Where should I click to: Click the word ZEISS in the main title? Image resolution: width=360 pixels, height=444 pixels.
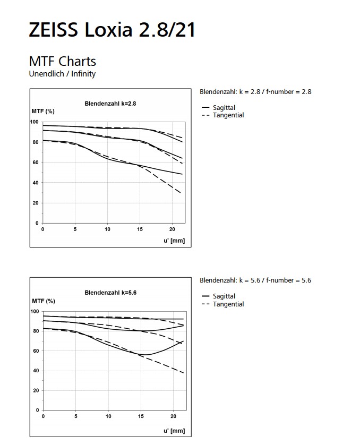click(53, 29)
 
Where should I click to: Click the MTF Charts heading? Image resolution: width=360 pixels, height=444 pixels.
click(63, 61)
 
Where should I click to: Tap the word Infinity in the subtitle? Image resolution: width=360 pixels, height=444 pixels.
click(83, 74)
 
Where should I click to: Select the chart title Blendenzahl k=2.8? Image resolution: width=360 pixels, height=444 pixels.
click(110, 104)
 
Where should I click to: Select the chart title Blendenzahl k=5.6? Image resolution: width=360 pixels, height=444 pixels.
click(110, 293)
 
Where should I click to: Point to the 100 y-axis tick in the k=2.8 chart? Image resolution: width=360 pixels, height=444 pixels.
click(34, 122)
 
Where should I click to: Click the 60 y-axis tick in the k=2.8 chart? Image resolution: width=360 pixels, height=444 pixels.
click(36, 163)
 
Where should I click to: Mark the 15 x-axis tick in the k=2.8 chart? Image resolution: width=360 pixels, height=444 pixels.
click(140, 229)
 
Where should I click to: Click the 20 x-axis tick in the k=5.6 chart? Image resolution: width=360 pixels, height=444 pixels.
click(173, 416)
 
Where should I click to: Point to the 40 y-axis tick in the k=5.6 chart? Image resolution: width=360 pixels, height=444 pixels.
click(36, 371)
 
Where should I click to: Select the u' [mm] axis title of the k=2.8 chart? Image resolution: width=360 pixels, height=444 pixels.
click(174, 241)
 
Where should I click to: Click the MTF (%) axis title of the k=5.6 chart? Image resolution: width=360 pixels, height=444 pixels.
click(44, 301)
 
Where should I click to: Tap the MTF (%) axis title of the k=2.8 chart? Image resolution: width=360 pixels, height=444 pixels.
click(43, 112)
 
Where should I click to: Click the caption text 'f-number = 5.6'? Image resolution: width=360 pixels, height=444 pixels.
click(288, 280)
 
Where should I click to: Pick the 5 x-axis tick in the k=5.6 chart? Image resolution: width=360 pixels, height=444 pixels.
click(75, 416)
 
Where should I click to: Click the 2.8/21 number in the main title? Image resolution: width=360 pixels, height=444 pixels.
click(167, 29)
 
